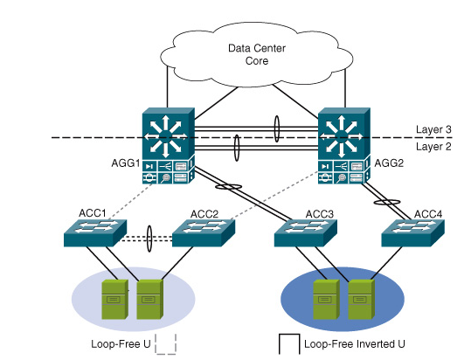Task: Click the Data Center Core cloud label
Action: (257, 54)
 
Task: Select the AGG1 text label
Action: (126, 163)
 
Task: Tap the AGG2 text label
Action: (389, 163)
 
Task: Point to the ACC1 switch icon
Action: (95, 233)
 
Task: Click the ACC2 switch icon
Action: (204, 233)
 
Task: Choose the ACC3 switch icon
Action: (306, 233)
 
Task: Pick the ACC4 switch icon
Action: (413, 233)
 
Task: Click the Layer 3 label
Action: (433, 129)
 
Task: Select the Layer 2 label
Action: (433, 147)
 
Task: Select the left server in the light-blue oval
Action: (115, 300)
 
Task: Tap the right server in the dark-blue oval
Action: (362, 300)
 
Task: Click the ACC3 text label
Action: (319, 214)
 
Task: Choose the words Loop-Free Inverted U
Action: (355, 343)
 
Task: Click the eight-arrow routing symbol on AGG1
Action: (165, 136)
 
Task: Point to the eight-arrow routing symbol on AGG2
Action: (341, 136)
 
